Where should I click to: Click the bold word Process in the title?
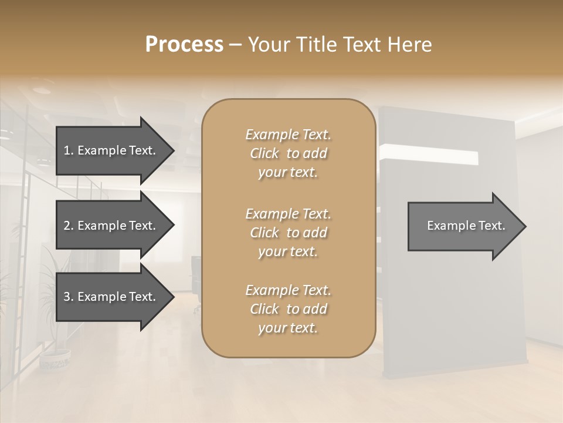[x=184, y=45]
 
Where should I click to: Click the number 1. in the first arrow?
[x=69, y=150]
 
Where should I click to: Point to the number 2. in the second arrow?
[x=69, y=226]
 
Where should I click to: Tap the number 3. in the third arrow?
[x=69, y=297]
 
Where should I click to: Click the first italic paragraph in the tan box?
[x=288, y=153]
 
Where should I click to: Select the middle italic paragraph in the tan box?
[x=288, y=232]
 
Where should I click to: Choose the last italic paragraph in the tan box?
[x=288, y=309]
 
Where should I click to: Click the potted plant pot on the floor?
[x=55, y=359]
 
